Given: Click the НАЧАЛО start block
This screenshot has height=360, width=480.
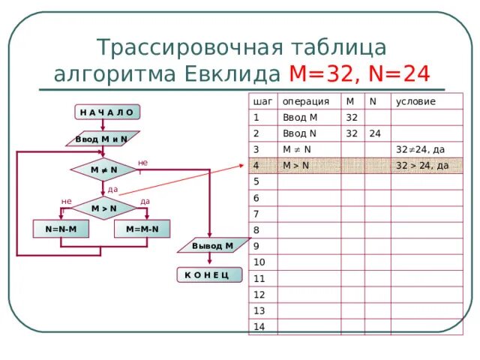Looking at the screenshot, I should (x=106, y=112).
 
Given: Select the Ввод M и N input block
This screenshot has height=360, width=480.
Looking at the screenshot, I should (x=100, y=139).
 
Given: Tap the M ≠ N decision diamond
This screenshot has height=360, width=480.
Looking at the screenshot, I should (x=104, y=170).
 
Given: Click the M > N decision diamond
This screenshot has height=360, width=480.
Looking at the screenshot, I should (x=103, y=208).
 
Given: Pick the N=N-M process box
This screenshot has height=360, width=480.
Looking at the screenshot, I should (x=62, y=228).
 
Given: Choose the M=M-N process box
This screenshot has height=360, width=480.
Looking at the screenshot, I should (x=142, y=228).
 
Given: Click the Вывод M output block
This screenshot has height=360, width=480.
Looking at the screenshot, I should (x=212, y=246).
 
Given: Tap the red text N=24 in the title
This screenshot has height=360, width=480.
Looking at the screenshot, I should (x=394, y=74).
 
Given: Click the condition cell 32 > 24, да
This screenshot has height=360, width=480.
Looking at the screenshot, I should (x=422, y=166).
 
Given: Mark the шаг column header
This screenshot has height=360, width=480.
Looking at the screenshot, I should (x=262, y=101).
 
